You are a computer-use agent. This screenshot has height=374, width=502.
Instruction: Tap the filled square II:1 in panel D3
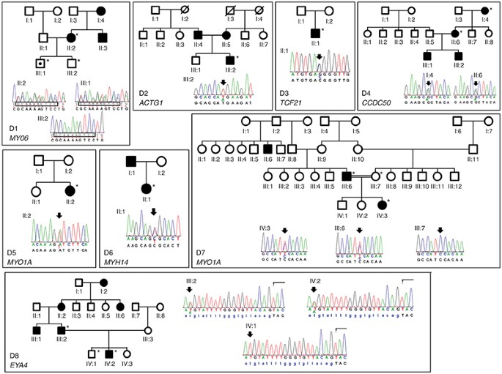[315, 32]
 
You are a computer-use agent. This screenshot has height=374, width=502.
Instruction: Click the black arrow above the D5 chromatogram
[59, 216]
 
